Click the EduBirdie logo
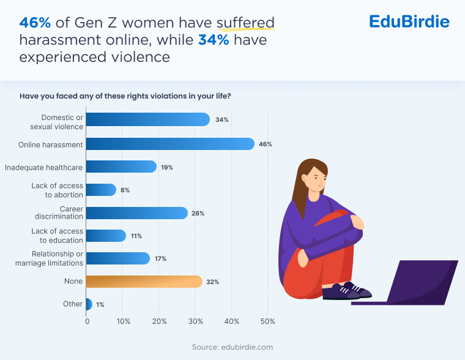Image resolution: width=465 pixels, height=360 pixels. pyautogui.click(x=409, y=22)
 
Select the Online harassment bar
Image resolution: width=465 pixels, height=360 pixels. pyautogui.click(x=169, y=144)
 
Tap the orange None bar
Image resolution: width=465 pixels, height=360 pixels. pyautogui.click(x=144, y=282)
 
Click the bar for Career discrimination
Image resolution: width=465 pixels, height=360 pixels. pyautogui.click(x=136, y=213)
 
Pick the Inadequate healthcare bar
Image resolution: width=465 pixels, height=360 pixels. pyautogui.click(x=121, y=167)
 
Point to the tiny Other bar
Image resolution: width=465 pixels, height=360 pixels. pyautogui.click(x=89, y=304)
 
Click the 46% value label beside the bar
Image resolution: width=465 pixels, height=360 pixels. pyautogui.click(x=265, y=144)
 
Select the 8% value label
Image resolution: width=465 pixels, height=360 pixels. pyautogui.click(x=125, y=190)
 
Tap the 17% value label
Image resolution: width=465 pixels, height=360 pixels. pyautogui.click(x=161, y=259)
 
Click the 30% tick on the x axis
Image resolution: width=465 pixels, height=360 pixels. pyautogui.click(x=196, y=321)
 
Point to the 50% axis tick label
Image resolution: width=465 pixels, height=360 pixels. pyautogui.click(x=268, y=321)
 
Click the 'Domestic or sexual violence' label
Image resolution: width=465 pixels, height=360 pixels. pyautogui.click(x=57, y=121)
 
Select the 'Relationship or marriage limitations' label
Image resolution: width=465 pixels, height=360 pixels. pyautogui.click(x=49, y=258)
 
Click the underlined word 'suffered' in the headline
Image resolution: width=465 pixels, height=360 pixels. pyautogui.click(x=245, y=23)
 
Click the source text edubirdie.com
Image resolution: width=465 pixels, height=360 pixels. pyautogui.click(x=232, y=347)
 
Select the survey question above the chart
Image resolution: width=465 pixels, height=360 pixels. pyautogui.click(x=125, y=97)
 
